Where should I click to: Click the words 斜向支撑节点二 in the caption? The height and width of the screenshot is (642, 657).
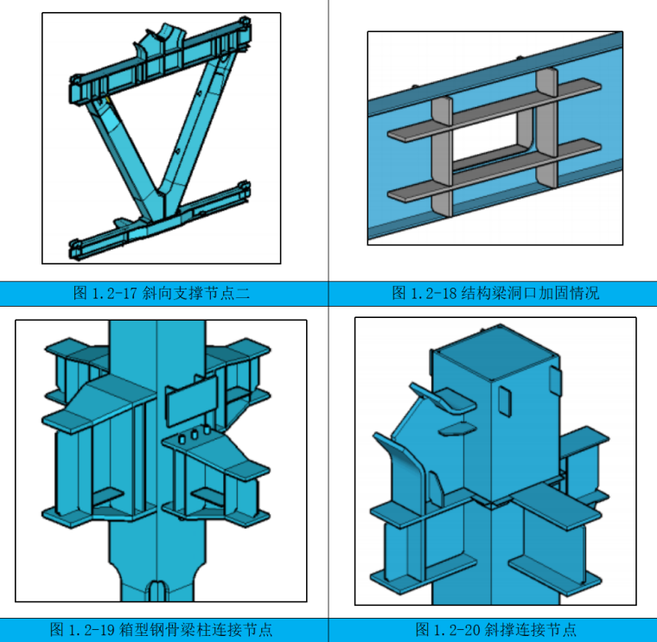196,293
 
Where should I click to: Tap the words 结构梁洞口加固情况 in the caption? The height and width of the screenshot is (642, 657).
530,293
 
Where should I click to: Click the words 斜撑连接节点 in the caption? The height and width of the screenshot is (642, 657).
531,629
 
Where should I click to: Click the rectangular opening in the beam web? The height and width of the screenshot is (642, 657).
492,140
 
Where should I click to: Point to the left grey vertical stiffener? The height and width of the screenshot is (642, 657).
442,157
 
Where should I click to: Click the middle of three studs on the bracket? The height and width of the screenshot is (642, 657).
195,435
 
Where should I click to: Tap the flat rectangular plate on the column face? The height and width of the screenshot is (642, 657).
192,400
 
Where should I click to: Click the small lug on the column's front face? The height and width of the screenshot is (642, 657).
505,401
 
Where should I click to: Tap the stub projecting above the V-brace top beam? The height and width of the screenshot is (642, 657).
162,41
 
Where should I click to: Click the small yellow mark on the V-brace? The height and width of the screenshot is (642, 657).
107,99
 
